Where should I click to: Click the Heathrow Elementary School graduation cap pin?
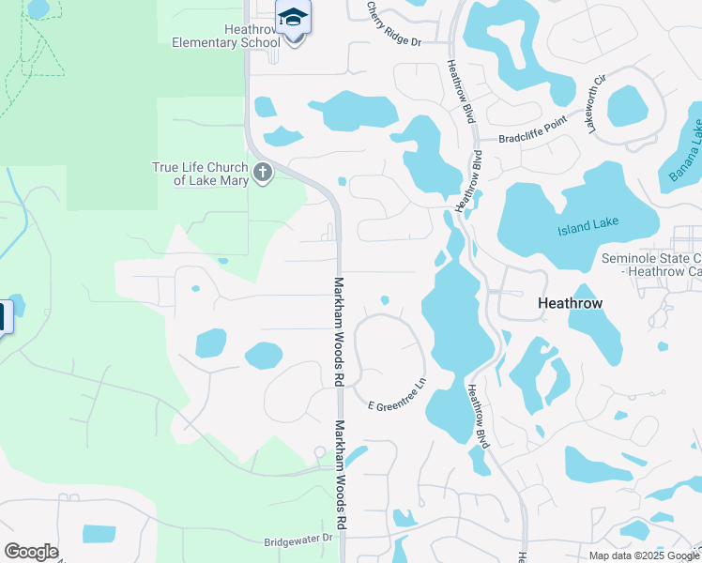pyautogui.click(x=293, y=18)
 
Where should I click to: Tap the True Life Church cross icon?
pyautogui.click(x=263, y=173)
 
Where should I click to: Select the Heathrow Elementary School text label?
pyautogui.click(x=225, y=36)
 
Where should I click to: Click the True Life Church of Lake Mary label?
pyautogui.click(x=201, y=174)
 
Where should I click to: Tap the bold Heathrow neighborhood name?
pyautogui.click(x=570, y=303)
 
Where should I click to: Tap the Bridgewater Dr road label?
pyautogui.click(x=298, y=540)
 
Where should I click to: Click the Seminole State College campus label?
pyautogui.click(x=650, y=265)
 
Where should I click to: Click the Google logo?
pyautogui.click(x=31, y=552)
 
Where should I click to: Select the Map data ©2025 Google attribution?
pyautogui.click(x=644, y=555)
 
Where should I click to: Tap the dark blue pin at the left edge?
pyautogui.click(x=3, y=316)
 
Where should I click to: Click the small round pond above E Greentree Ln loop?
pyautogui.click(x=385, y=300)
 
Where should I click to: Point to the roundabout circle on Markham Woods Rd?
pyautogui.click(x=319, y=452)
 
